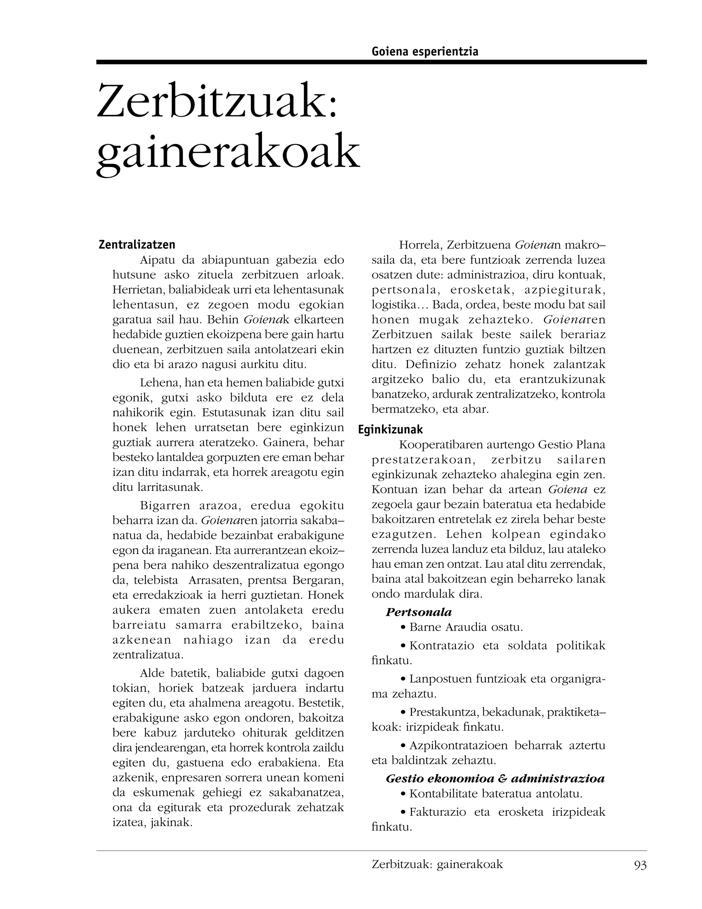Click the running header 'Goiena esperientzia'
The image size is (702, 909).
[425, 51]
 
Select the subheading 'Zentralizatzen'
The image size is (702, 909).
[137, 244]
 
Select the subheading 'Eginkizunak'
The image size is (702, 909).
[390, 429]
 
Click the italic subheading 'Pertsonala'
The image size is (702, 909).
[419, 612]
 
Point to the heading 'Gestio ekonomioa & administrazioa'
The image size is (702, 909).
[495, 779]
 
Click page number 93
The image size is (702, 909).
[640, 865]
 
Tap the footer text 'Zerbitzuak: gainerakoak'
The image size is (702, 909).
[437, 864]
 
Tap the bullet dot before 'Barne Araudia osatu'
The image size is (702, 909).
[402, 627]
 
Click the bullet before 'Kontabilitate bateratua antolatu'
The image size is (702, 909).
[402, 794]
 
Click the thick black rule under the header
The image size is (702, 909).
[371, 62]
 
